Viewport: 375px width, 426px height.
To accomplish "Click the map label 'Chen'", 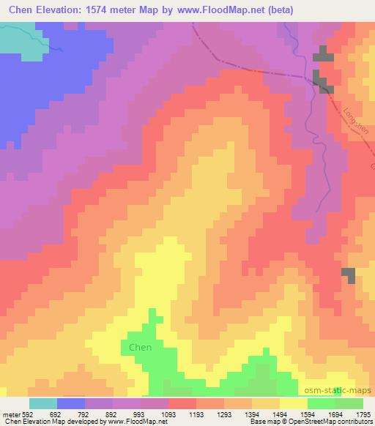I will point(140,347).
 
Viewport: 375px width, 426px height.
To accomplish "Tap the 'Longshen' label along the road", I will point(354,125).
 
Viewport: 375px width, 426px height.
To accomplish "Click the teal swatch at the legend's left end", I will point(43,403).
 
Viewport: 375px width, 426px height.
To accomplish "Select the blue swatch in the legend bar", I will point(71,403).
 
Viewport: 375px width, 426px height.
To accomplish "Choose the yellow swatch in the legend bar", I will point(294,403).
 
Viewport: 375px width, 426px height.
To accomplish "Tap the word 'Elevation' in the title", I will point(60,9).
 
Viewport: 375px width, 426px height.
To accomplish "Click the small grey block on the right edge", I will point(349,275).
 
